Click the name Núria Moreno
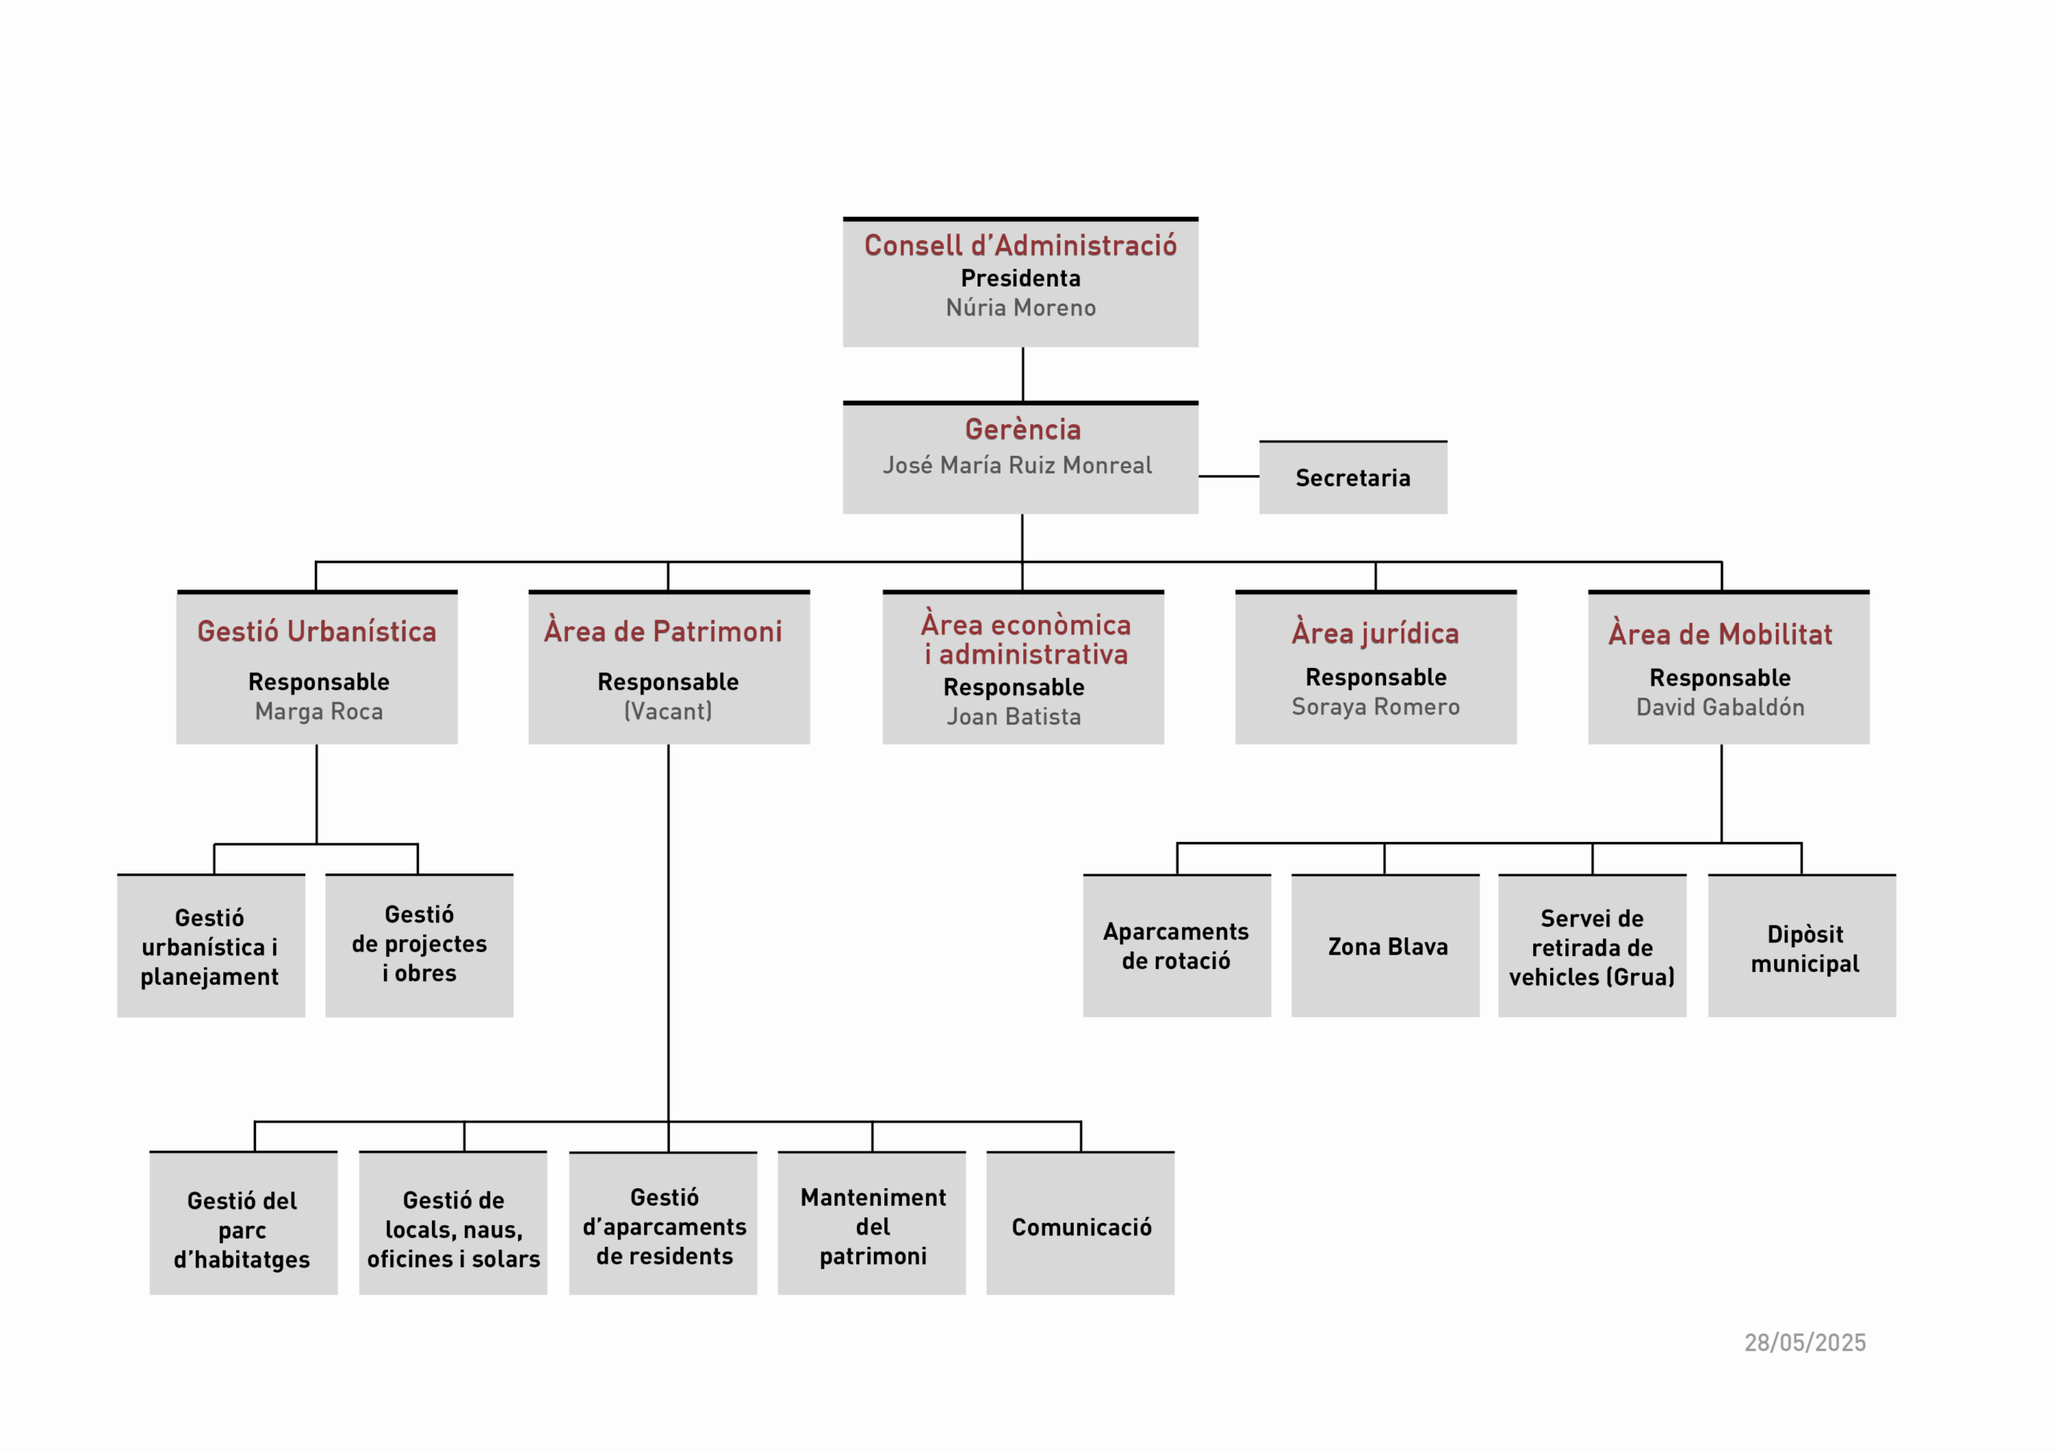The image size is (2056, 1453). click(x=1020, y=308)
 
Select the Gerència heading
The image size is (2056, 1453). click(x=1022, y=429)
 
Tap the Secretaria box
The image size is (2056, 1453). click(x=1352, y=477)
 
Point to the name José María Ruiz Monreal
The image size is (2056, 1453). click(x=1018, y=466)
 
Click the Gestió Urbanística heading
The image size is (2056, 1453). click(x=317, y=631)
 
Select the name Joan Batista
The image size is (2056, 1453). click(x=1014, y=716)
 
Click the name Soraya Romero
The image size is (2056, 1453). click(x=1376, y=706)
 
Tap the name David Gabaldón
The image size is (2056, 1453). click(x=1720, y=707)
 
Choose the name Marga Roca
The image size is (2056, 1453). click(x=319, y=712)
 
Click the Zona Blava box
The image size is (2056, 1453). click(x=1385, y=946)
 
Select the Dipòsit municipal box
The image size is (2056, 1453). click(x=1801, y=946)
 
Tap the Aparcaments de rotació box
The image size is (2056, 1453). click(x=1177, y=946)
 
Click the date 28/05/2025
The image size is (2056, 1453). click(x=1805, y=1343)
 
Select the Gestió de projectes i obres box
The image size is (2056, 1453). click(x=419, y=946)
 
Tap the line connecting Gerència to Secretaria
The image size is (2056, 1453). click(x=1229, y=476)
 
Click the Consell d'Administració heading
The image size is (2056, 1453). click(x=1020, y=246)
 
